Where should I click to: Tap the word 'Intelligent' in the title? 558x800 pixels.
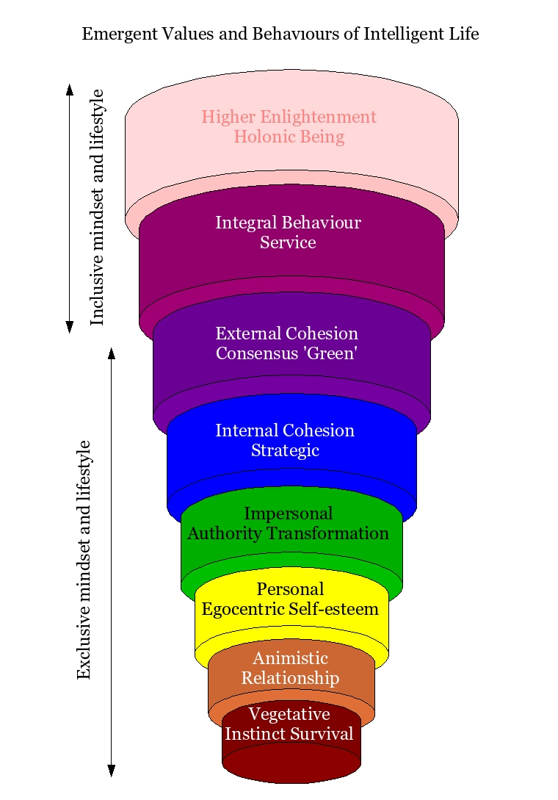pyautogui.click(x=399, y=34)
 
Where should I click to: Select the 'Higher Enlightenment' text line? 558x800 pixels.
pyautogui.click(x=289, y=117)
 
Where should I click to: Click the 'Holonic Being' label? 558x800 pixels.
pyautogui.click(x=289, y=137)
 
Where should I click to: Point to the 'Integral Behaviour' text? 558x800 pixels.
pyautogui.click(x=288, y=223)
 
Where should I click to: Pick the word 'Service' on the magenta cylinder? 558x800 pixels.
pyautogui.click(x=288, y=242)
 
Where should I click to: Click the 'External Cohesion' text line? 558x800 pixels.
pyautogui.click(x=286, y=334)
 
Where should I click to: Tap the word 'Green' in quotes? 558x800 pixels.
pyautogui.click(x=336, y=353)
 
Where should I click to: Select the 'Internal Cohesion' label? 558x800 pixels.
pyautogui.click(x=285, y=430)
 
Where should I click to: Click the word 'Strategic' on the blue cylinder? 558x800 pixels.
pyautogui.click(x=285, y=450)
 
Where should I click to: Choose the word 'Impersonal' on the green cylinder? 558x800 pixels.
pyautogui.click(x=288, y=513)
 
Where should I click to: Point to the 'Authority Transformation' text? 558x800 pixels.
pyautogui.click(x=288, y=533)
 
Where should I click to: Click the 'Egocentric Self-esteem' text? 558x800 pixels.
pyautogui.click(x=290, y=609)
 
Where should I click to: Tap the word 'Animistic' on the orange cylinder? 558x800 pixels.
pyautogui.click(x=290, y=657)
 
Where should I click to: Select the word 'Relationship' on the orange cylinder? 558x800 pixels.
pyautogui.click(x=290, y=677)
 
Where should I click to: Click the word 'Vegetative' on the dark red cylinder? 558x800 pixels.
pyautogui.click(x=289, y=714)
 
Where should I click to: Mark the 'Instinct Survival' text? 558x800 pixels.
pyautogui.click(x=289, y=734)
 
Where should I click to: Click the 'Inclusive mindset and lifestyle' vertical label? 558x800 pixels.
pyautogui.click(x=97, y=207)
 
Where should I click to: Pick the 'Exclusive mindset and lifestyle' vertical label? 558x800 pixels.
pyautogui.click(x=84, y=560)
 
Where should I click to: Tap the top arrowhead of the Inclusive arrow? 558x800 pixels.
pyautogui.click(x=70, y=90)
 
